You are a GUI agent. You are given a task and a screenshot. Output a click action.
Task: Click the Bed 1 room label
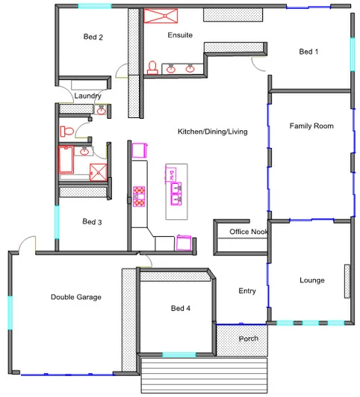click(308, 52)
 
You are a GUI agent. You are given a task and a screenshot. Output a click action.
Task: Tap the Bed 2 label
click(93, 37)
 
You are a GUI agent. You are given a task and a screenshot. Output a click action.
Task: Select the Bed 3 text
click(92, 221)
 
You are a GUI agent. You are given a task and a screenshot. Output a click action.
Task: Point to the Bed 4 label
click(181, 309)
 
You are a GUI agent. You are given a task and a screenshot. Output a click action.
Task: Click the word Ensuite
click(179, 35)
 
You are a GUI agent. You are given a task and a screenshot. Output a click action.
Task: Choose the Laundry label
click(87, 96)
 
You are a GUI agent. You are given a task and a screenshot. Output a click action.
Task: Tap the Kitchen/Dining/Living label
click(212, 132)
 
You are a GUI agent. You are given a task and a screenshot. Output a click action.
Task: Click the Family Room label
click(311, 126)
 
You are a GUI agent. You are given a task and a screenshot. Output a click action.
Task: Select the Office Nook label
click(249, 232)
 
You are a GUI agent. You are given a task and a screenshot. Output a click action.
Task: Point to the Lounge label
click(311, 280)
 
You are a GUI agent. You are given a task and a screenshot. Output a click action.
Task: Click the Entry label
click(247, 291)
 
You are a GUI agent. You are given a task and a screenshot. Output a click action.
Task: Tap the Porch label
click(248, 339)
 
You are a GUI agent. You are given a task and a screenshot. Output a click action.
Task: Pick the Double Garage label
click(75, 298)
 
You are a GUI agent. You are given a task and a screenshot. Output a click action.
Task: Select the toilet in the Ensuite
click(152, 67)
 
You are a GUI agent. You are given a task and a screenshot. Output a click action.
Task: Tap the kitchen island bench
click(176, 191)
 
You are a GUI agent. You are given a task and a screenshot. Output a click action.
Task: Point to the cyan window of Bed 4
click(179, 354)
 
